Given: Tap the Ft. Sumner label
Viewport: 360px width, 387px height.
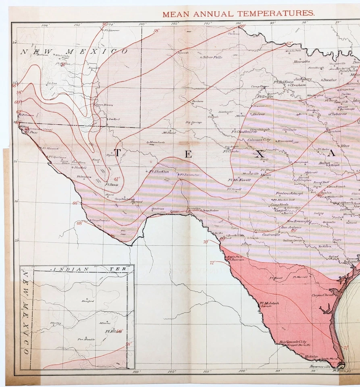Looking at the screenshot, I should coord(112,30).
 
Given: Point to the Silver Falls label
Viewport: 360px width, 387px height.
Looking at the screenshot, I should coord(212,57).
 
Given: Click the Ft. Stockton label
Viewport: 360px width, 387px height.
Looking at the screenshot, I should coord(158,171).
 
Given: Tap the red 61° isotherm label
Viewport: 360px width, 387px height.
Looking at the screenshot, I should coord(117,179).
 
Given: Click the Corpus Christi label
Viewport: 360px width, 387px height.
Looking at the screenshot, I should coord(323,295).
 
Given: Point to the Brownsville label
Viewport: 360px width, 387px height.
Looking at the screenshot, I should coord(320,367).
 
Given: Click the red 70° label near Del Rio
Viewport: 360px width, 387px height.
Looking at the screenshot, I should coord(206,242).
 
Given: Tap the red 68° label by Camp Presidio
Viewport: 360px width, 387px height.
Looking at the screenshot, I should coord(79,223).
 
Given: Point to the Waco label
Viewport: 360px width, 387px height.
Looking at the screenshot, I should coord(345,146).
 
